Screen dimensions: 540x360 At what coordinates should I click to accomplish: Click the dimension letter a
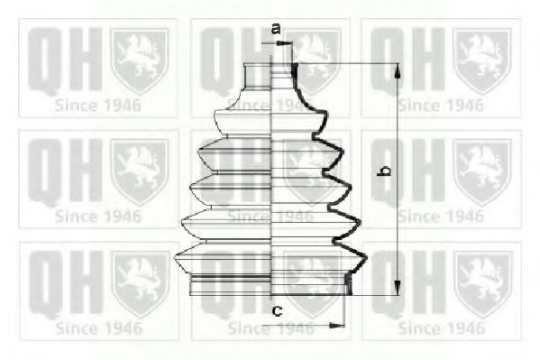(276, 29)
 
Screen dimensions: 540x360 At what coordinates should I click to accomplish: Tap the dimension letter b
(384, 171)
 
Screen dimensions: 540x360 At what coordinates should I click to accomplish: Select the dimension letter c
(278, 311)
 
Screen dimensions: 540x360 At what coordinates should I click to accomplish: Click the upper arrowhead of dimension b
(398, 71)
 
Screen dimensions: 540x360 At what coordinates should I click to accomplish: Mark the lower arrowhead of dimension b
(398, 288)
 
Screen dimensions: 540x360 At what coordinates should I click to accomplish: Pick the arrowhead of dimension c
(337, 325)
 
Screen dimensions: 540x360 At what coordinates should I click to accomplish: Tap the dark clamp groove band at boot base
(230, 277)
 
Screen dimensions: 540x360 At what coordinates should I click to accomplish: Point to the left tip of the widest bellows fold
(175, 257)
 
